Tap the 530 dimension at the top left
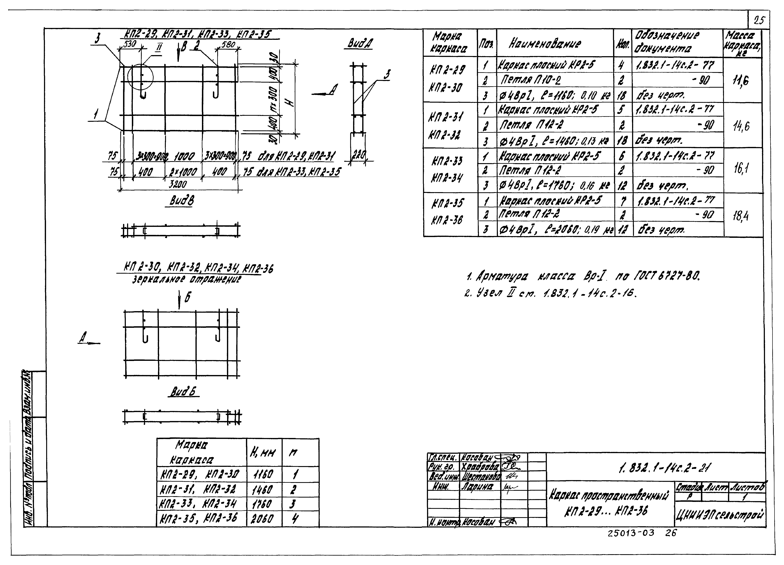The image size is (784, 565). (130, 44)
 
